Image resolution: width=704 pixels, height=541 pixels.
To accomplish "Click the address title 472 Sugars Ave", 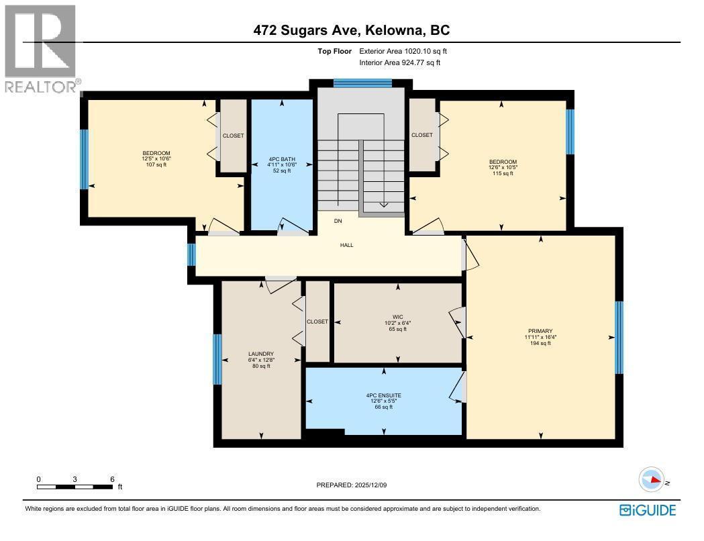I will coord(352,30).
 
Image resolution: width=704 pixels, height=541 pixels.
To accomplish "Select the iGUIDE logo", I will coord(647,510).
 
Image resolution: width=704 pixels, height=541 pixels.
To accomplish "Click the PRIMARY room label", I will coord(540,331).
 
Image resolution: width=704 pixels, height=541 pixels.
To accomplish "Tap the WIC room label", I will coord(398,316).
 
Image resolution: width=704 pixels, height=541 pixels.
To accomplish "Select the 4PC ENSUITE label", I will coord(383,395).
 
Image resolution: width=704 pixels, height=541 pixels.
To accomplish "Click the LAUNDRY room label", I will coord(260,354).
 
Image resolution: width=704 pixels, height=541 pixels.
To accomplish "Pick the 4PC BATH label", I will coord(282,160).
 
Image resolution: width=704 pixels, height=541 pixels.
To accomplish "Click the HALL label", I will coord(346,245).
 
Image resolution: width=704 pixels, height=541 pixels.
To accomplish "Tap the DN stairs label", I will coord(338,220).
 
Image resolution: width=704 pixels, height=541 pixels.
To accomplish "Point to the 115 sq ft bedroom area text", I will coord(503,173).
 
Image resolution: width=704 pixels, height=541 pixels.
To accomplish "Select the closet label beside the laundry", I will coord(317,322).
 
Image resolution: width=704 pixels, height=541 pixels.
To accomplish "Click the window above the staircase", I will coord(362,83).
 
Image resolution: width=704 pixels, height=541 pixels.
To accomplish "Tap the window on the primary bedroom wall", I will coord(619,338).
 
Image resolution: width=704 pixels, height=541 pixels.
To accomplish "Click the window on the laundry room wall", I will coord(217,359).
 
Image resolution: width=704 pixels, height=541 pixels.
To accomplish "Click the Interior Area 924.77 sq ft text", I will coord(400,62).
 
